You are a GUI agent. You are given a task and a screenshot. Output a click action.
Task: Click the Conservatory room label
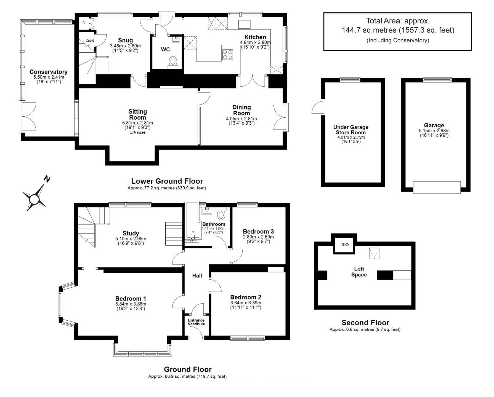coord(49,72)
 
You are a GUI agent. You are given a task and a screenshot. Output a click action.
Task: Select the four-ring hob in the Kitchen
coord(228,55)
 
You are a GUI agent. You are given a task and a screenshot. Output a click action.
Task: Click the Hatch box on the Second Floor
coord(344,244)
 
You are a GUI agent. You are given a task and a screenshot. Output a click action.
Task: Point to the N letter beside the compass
coord(47,179)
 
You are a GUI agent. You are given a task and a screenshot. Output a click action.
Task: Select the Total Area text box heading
coord(398,21)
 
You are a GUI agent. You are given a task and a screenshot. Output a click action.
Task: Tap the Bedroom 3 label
coord(258,231)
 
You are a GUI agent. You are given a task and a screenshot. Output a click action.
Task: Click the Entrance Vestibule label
coord(196,322)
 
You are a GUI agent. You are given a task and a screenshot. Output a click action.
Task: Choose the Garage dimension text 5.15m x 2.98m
coord(434,131)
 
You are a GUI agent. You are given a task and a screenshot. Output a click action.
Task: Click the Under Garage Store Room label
coord(351,130)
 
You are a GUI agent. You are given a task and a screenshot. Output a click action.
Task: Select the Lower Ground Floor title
coord(167,181)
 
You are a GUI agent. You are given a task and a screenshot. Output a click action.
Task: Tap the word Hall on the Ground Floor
coord(197,275)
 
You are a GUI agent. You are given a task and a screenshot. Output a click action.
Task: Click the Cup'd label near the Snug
coord(90,41)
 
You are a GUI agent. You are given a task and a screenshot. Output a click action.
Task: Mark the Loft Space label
coord(359,272)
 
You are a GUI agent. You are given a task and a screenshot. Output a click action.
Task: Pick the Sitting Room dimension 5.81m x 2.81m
coord(137,123)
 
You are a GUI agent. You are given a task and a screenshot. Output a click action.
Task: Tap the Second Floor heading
coord(365,323)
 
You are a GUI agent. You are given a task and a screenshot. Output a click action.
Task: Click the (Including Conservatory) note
coord(398,40)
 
